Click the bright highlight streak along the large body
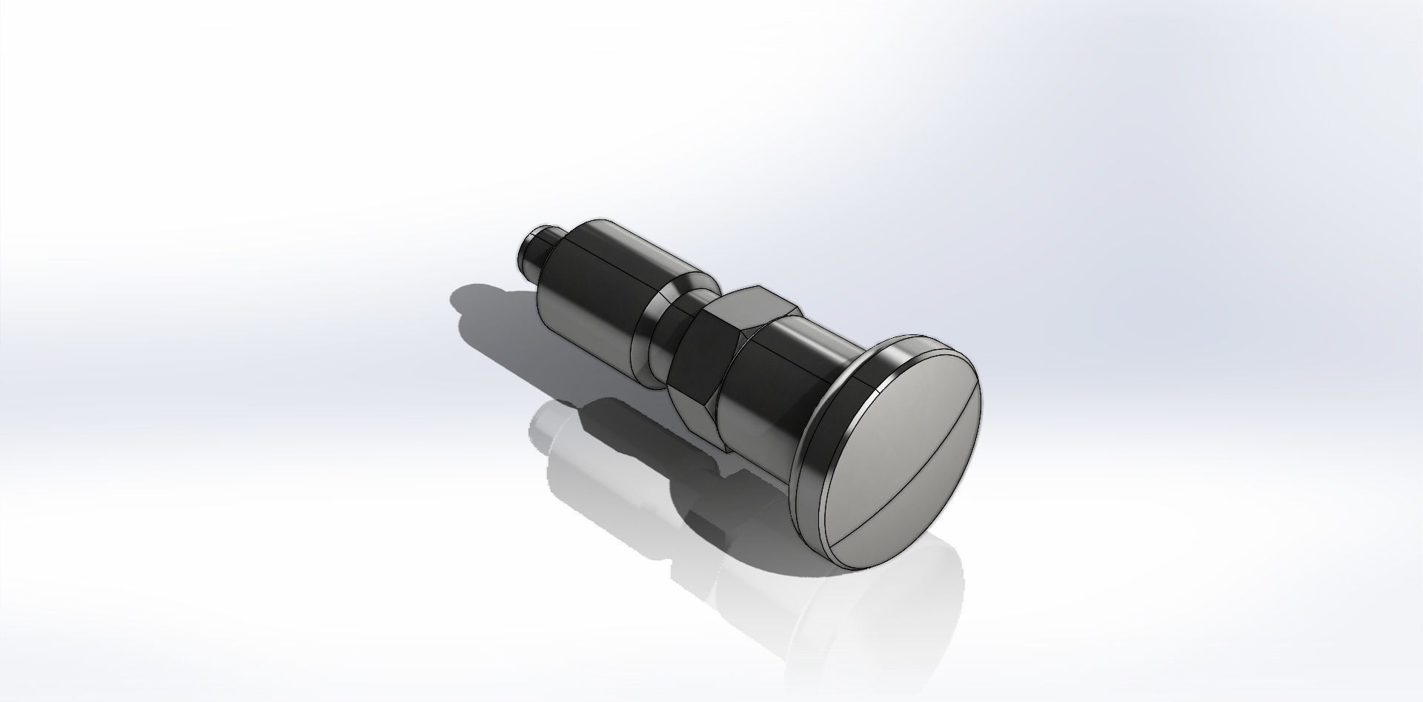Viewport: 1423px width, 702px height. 630,248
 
